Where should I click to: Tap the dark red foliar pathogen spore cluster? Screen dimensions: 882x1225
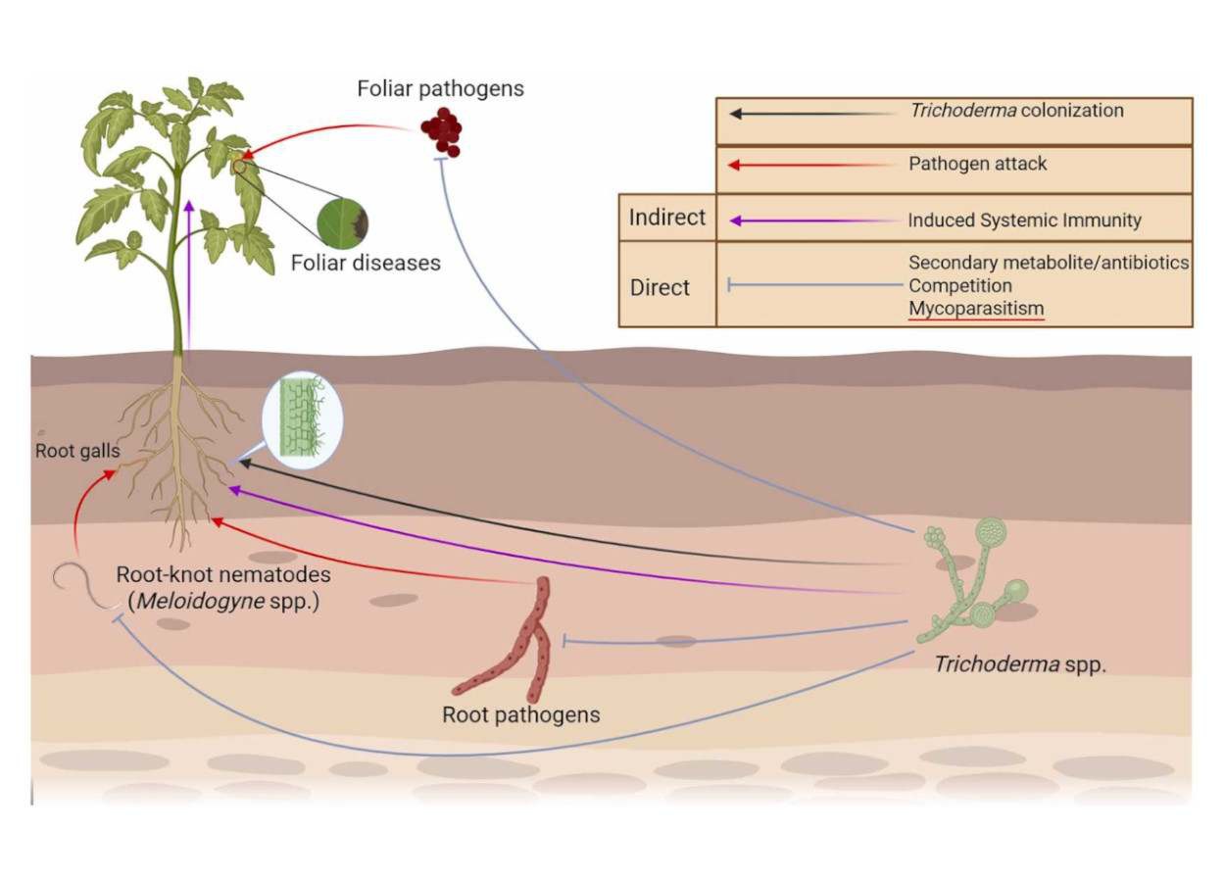[441, 133]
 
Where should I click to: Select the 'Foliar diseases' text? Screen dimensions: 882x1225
[365, 263]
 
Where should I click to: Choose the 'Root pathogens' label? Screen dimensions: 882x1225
[520, 714]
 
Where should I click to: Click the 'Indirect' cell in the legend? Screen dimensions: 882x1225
[666, 218]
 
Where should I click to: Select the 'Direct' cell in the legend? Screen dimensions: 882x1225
[660, 287]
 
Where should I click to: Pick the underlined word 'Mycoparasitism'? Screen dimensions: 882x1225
[975, 309]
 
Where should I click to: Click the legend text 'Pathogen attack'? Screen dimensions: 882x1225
[977, 164]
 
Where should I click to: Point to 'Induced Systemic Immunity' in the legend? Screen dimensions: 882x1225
[1024, 220]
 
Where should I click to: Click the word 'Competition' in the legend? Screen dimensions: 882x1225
[959, 285]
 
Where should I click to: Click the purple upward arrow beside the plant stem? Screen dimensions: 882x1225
[188, 274]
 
